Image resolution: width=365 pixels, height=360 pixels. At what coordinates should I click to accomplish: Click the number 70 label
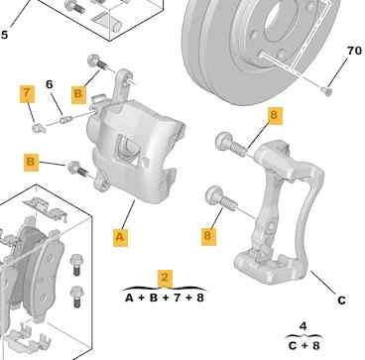pyautogui.click(x=354, y=51)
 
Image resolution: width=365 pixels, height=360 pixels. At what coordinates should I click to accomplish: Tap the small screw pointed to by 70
pyautogui.click(x=327, y=90)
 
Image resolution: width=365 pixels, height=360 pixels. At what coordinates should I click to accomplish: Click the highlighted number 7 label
pyautogui.click(x=27, y=94)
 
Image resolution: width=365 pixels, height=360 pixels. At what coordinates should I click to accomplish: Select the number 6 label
pyautogui.click(x=50, y=84)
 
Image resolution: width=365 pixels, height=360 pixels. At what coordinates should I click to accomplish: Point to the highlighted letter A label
pyautogui.click(x=120, y=237)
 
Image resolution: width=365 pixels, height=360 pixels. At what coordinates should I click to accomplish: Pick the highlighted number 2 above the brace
pyautogui.click(x=165, y=278)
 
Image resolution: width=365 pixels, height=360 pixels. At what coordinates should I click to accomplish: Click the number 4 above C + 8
pyautogui.click(x=304, y=326)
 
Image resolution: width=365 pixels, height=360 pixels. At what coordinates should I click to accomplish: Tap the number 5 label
pyautogui.click(x=4, y=35)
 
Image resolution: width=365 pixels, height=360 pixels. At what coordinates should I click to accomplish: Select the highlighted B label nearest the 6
pyautogui.click(x=78, y=94)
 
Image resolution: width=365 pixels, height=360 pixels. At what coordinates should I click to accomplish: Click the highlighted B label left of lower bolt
pyautogui.click(x=31, y=162)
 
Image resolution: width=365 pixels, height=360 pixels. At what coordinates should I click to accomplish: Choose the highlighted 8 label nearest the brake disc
pyautogui.click(x=274, y=115)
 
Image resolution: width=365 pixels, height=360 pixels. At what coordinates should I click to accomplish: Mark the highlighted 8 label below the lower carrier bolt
pyautogui.click(x=208, y=235)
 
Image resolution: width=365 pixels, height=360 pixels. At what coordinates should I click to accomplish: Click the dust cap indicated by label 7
pyautogui.click(x=39, y=127)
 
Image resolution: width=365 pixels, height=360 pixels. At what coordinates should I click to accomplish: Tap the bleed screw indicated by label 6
pyautogui.click(x=65, y=119)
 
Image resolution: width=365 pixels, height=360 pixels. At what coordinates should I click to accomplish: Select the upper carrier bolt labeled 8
pyautogui.click(x=230, y=145)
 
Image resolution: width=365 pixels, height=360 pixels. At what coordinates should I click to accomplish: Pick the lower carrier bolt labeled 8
pyautogui.click(x=220, y=198)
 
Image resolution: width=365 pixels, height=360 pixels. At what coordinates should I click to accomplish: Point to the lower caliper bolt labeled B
pyautogui.click(x=77, y=169)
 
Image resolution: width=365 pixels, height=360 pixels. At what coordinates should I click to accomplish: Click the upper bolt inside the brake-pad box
pyautogui.click(x=75, y=265)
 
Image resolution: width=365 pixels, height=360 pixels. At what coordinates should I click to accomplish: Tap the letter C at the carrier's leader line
pyautogui.click(x=341, y=300)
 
